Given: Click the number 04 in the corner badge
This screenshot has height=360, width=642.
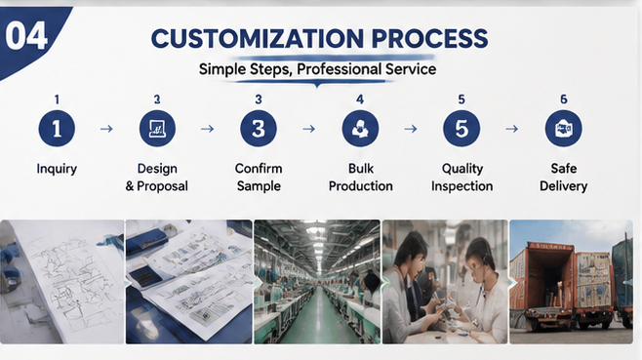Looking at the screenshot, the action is [26, 36].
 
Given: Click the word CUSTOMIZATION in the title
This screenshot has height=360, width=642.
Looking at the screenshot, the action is [258, 38].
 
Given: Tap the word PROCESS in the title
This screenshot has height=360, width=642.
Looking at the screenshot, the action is [429, 38].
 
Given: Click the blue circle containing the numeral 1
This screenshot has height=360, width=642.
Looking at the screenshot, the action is [57, 129].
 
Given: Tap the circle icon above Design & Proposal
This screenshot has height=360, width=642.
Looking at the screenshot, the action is [157, 129].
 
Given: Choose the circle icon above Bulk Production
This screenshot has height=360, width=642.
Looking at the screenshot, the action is [360, 129].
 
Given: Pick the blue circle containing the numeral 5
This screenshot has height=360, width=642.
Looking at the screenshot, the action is [461, 129].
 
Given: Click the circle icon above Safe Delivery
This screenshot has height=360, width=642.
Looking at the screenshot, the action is [563, 129].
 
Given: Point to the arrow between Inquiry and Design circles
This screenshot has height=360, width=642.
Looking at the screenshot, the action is [106, 129].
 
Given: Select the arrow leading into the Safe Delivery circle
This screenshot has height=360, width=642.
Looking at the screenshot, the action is [512, 129].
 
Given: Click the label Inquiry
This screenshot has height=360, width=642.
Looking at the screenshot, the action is [57, 169].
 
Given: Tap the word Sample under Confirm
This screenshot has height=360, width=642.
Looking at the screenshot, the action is [259, 186].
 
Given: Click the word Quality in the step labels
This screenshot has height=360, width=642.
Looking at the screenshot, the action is [462, 169].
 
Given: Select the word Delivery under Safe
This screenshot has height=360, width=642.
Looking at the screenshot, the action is [563, 186].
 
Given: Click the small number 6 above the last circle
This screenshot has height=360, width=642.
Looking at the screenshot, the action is [564, 100].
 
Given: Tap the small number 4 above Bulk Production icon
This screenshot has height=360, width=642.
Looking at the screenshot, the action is [360, 100].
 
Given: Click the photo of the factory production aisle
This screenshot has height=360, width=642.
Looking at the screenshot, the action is [317, 282].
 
